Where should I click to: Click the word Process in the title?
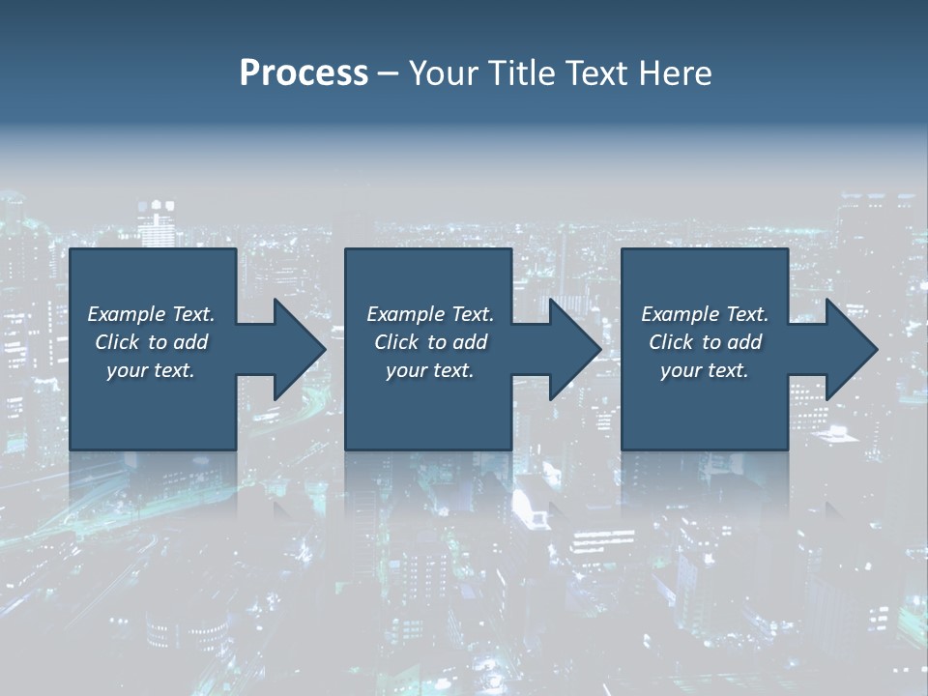[304, 73]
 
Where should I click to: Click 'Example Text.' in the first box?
[151, 314]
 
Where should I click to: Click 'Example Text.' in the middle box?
[429, 314]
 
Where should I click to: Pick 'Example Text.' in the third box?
[705, 314]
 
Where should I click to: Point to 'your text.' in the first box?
[151, 370]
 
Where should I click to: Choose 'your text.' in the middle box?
[429, 370]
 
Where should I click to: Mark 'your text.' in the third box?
[705, 370]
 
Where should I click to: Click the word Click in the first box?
[117, 342]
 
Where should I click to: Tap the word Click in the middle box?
[396, 342]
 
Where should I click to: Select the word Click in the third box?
[671, 342]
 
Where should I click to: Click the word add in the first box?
[190, 342]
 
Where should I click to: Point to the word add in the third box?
[744, 342]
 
